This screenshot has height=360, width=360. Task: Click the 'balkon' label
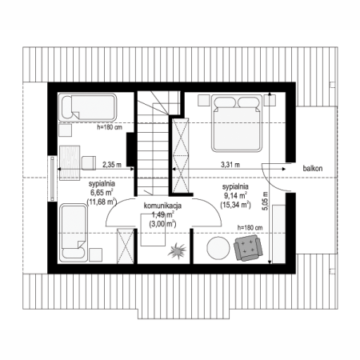(x=313, y=168)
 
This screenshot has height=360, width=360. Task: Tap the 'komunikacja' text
(x=162, y=206)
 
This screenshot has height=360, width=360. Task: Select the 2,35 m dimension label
(x=112, y=165)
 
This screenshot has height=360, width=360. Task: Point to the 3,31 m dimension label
(x=230, y=165)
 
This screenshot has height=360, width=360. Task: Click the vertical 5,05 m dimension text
(x=266, y=201)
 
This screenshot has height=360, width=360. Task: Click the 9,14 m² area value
(x=235, y=195)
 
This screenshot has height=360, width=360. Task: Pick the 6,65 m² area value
(x=102, y=193)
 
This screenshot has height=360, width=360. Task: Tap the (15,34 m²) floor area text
(x=235, y=205)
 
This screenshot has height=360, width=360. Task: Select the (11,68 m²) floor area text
(x=102, y=202)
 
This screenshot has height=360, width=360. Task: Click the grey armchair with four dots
(x=248, y=248)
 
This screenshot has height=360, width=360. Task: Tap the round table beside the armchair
(x=218, y=248)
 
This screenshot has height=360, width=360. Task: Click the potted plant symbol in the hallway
(x=177, y=250)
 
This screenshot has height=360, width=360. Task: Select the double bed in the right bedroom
(x=237, y=123)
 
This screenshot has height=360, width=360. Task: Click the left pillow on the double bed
(x=225, y=102)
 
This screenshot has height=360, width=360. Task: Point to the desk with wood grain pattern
(x=70, y=162)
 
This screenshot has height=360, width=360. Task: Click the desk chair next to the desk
(x=89, y=163)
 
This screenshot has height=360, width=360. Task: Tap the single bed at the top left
(x=87, y=107)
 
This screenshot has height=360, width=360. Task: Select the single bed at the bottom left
(x=74, y=233)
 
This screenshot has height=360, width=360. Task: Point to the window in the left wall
(x=52, y=178)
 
